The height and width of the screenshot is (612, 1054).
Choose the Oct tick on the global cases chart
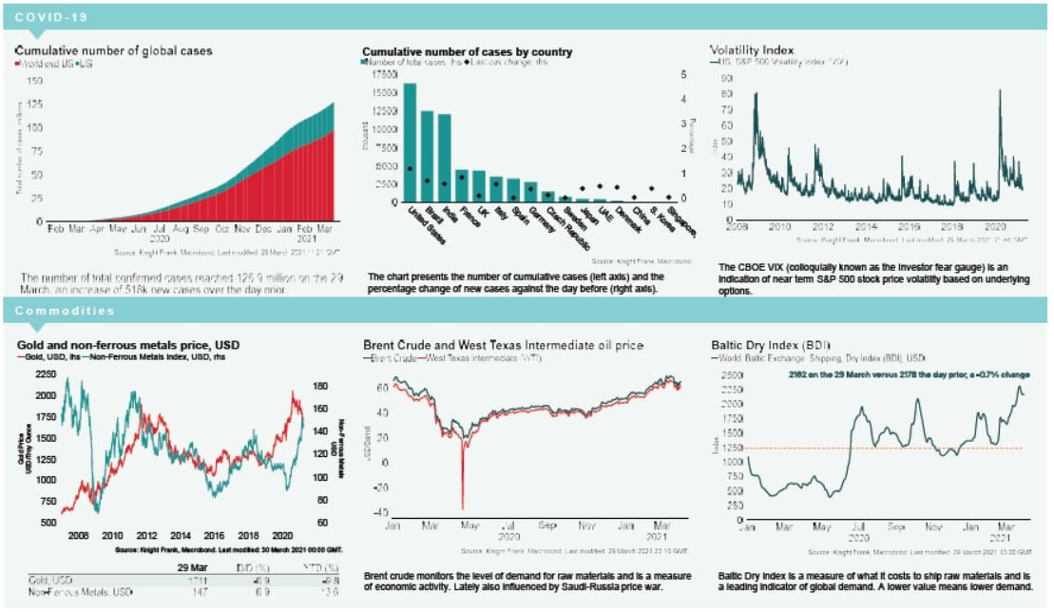coord(221,231)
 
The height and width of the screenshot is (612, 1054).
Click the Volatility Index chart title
coord(752,48)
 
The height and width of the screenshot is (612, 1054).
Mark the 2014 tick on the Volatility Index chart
coord(866,228)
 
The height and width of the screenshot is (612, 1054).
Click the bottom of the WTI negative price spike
coord(462,508)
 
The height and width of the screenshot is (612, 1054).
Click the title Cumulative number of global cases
coord(114,49)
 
